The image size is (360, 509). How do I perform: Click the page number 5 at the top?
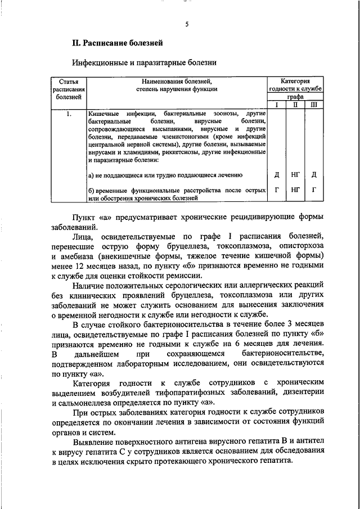point(186,24)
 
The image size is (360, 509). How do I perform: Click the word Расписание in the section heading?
point(107,43)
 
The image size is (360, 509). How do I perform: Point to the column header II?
point(295,105)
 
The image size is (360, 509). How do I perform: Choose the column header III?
point(314,105)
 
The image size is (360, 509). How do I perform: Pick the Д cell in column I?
point(276,175)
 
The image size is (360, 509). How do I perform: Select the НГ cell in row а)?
point(295,175)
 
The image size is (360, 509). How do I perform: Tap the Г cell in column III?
point(314,190)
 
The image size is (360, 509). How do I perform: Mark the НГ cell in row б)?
point(295,190)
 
